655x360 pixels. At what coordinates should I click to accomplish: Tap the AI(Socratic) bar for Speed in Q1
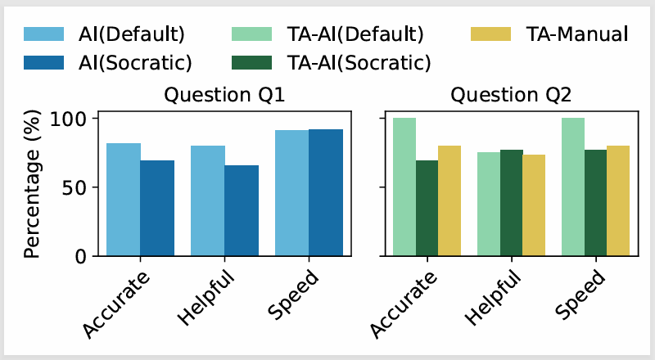pos(326,192)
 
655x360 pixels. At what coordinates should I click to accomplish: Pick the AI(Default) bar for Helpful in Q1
pos(208,200)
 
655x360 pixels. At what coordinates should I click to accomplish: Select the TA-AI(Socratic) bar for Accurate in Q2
pos(427,208)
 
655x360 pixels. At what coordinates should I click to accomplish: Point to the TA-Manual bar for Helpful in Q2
pos(533,205)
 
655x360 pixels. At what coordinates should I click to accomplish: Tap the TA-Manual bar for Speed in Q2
pos(618,200)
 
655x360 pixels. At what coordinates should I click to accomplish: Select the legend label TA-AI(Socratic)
pos(361,61)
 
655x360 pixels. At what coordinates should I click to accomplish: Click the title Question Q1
pos(224,96)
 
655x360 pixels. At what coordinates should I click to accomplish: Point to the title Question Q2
pos(511,96)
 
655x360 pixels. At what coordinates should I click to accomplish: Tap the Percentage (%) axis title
pos(33,187)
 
